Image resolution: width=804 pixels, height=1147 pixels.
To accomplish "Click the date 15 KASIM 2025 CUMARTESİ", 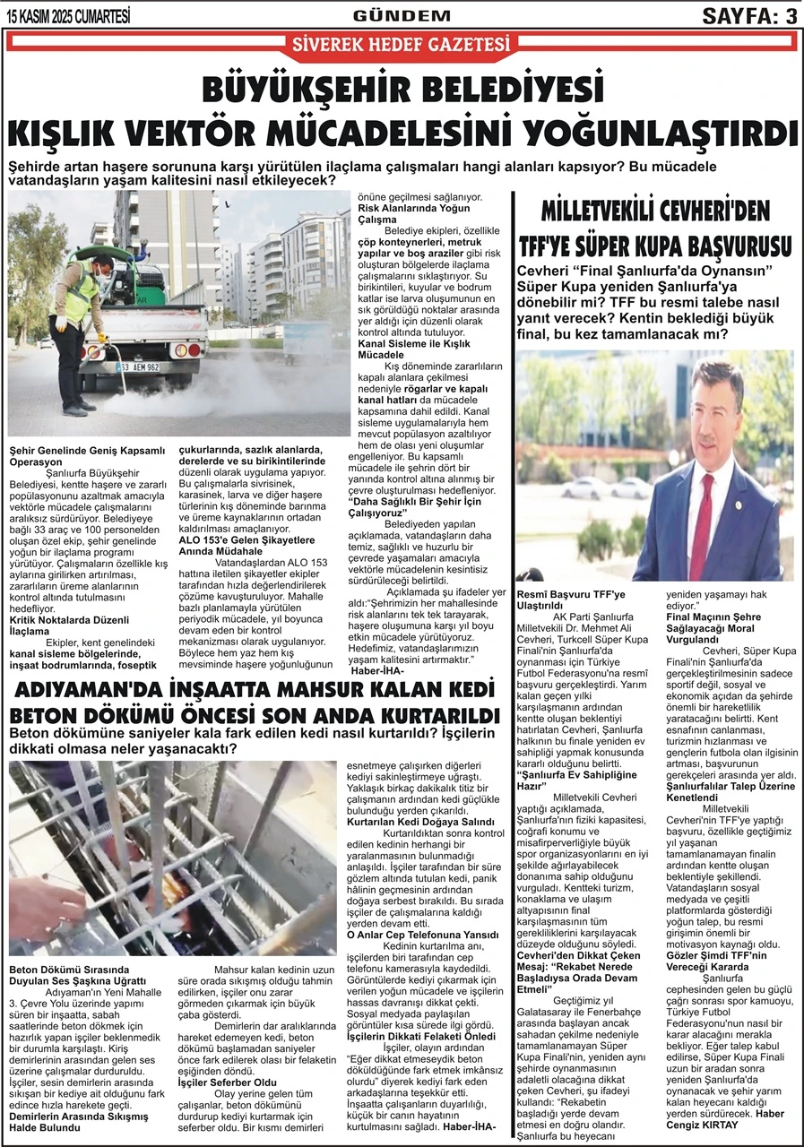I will (68, 15).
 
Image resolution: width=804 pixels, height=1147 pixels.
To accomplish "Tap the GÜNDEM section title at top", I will (402, 15).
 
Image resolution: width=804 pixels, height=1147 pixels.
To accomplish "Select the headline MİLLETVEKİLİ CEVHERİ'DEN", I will (655, 211).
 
